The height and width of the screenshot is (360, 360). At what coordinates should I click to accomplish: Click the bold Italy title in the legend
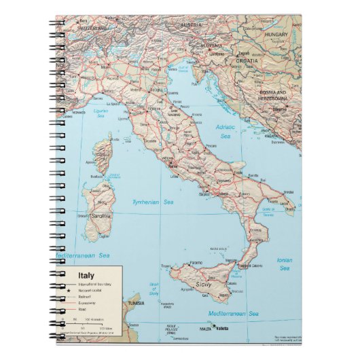[86, 275]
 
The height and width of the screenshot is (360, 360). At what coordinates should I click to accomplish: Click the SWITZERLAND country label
[92, 29]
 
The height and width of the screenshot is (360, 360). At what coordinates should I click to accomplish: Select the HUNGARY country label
[277, 34]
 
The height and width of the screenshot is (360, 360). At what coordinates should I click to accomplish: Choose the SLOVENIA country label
[211, 46]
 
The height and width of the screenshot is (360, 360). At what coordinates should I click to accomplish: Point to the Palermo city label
[196, 262]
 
